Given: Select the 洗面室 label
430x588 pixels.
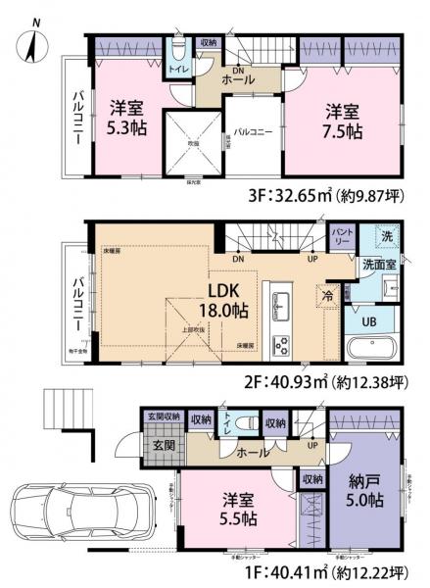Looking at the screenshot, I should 376,265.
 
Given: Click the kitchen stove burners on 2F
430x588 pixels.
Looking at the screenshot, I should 279,344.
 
